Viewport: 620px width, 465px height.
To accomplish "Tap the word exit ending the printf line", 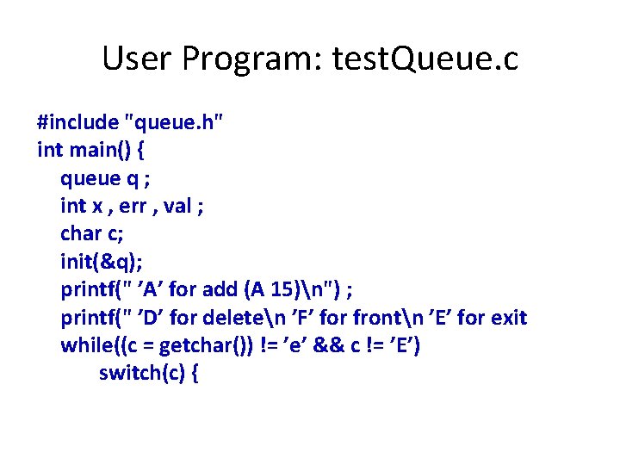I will click(x=508, y=318).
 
